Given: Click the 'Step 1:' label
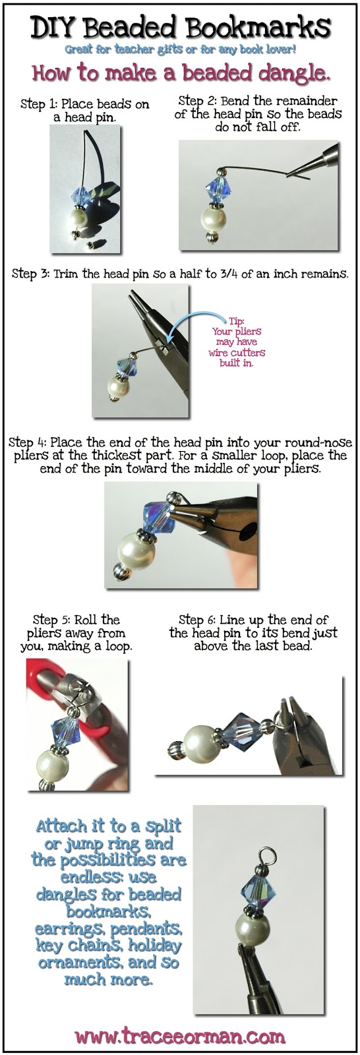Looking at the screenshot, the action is [40, 104].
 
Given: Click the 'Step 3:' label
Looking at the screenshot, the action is [30, 274].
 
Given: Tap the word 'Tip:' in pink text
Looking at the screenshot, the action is [237, 321].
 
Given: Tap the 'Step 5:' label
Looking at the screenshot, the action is [52, 620].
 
